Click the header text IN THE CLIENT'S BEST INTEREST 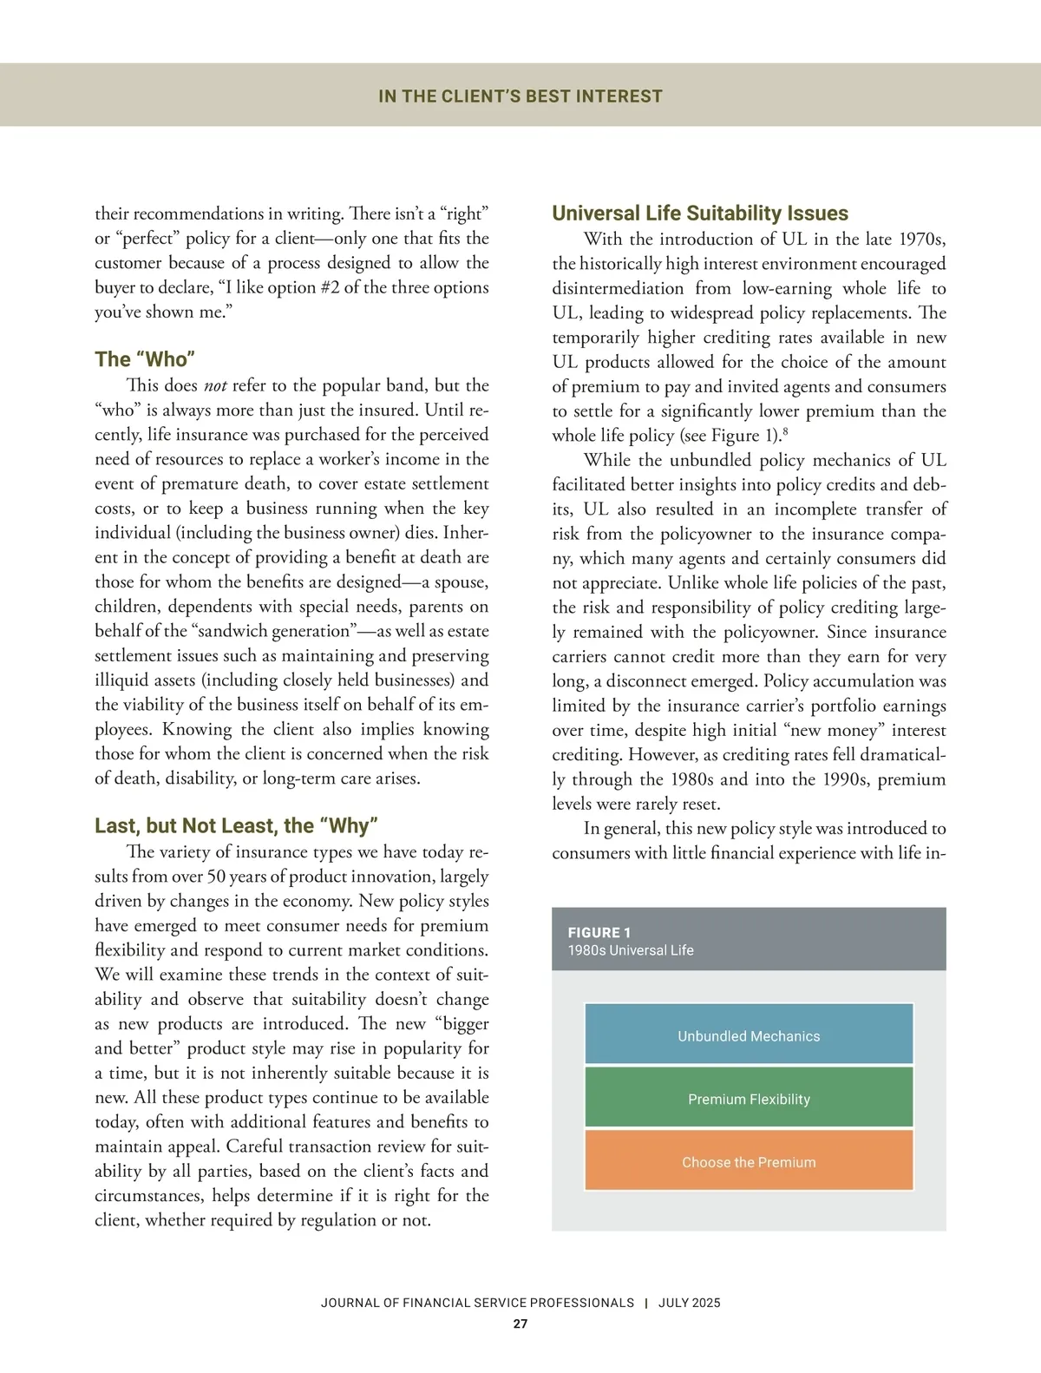pyautogui.click(x=520, y=96)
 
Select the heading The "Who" pyautogui.click(x=145, y=359)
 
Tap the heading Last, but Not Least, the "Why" pyautogui.click(x=236, y=825)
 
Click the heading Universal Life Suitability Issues pyautogui.click(x=700, y=214)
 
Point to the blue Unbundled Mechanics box pyautogui.click(x=749, y=1035)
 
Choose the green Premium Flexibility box pyautogui.click(x=749, y=1098)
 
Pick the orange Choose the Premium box pyautogui.click(x=749, y=1161)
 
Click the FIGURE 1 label pyautogui.click(x=599, y=932)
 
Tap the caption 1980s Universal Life pyautogui.click(x=631, y=950)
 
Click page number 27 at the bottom pyautogui.click(x=520, y=1324)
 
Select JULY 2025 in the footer pyautogui.click(x=689, y=1303)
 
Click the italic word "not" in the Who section pyautogui.click(x=215, y=385)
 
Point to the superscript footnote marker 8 pyautogui.click(x=784, y=431)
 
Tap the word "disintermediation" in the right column pyautogui.click(x=618, y=288)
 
